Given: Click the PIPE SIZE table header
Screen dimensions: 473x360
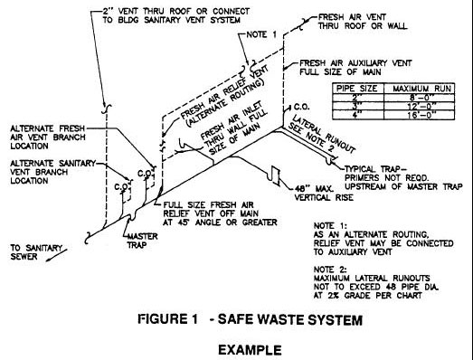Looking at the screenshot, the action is pyautogui.click(x=356, y=89).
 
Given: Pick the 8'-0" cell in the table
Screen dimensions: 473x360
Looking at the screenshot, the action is pyautogui.click(x=420, y=98).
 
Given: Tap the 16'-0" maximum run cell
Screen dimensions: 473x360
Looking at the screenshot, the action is pyautogui.click(x=420, y=115).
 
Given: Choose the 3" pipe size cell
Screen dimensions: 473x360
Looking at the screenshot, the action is pyautogui.click(x=357, y=107).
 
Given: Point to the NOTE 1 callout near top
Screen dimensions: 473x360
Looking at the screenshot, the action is pyautogui.click(x=261, y=34).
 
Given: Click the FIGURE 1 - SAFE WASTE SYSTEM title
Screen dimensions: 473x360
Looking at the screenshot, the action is pyautogui.click(x=251, y=319).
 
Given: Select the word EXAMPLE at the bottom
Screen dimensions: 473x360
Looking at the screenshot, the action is pyautogui.click(x=250, y=350).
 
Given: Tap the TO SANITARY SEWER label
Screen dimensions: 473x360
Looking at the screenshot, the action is pyautogui.click(x=36, y=252).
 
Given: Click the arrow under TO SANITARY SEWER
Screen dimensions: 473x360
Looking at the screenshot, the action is pyautogui.click(x=56, y=255).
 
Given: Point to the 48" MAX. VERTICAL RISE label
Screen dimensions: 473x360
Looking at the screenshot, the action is pyautogui.click(x=324, y=194).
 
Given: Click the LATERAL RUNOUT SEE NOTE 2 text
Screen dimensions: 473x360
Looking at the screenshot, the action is pyautogui.click(x=321, y=135).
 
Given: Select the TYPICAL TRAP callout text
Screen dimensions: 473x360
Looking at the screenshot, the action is pyautogui.click(x=403, y=178).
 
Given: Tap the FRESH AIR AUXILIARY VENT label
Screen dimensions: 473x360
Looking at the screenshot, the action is pyautogui.click(x=355, y=68).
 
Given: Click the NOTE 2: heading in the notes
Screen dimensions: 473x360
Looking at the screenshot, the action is pyautogui.click(x=330, y=270).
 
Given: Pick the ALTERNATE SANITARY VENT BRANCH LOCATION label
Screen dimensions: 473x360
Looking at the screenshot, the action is pyautogui.click(x=52, y=172).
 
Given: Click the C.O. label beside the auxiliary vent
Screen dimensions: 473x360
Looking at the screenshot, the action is pyautogui.click(x=301, y=107).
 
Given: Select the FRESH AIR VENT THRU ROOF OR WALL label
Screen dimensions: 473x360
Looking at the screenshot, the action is pyautogui.click(x=363, y=22).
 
